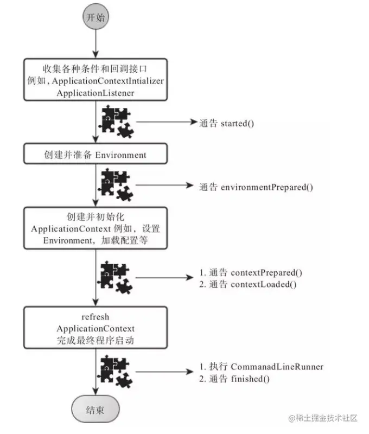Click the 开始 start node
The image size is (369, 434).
point(95,17)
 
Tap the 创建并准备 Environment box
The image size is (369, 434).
point(95,155)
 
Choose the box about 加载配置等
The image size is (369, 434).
point(95,228)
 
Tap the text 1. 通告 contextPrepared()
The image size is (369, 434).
point(251,272)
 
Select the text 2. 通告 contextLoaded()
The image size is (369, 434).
point(248,284)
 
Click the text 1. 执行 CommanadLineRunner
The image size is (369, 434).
point(262,367)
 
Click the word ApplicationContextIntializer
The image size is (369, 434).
point(103,80)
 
